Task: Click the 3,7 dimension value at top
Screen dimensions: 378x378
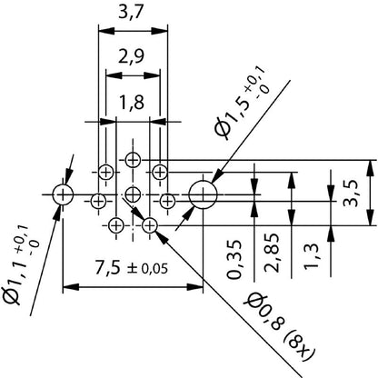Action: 134,14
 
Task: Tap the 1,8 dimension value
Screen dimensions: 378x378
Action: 134,103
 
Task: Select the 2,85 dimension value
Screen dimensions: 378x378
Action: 270,264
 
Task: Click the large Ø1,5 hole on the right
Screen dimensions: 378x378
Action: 202,193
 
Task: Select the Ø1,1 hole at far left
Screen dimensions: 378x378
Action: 63,193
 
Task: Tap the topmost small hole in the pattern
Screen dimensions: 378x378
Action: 134,160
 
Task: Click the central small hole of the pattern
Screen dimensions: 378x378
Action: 134,193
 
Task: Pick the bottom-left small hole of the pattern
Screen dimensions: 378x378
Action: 116,224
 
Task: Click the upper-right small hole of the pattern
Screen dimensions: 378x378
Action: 160,171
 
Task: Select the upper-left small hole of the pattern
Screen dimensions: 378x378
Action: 106,171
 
